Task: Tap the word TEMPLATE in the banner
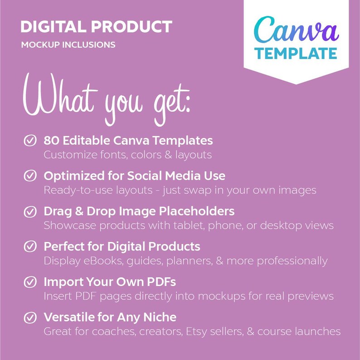(296, 53)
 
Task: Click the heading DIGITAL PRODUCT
(96, 27)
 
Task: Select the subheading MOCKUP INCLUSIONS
(68, 45)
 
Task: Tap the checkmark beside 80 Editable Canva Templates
(30, 141)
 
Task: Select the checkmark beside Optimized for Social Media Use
(30, 176)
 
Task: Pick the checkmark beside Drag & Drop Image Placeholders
(30, 212)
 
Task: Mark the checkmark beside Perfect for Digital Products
(30, 247)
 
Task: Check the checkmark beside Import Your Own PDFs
(30, 282)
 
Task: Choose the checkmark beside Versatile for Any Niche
(30, 318)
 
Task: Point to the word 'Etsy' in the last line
(196, 331)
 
